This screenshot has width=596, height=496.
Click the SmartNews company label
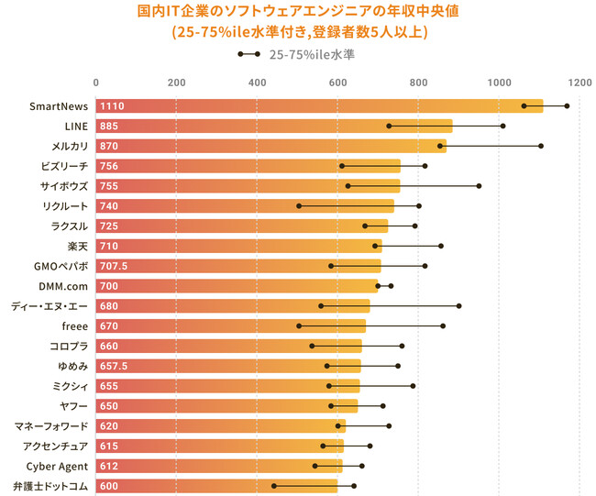(59, 106)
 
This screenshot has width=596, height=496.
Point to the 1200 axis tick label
(579, 83)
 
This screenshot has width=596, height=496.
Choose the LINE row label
(74, 126)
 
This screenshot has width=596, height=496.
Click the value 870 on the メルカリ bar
(109, 146)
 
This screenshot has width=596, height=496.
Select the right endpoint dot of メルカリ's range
(541, 146)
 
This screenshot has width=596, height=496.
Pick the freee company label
(74, 325)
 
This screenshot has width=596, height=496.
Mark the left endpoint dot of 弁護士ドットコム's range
(274, 486)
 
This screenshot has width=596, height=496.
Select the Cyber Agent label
(57, 466)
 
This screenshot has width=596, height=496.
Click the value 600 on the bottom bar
(109, 486)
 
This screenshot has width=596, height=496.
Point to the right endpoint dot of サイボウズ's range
(479, 186)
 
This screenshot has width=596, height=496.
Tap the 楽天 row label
(78, 246)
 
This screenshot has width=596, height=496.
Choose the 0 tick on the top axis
(96, 83)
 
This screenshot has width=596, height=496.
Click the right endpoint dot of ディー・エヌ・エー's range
(458, 306)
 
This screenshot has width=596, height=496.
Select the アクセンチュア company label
(56, 446)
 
